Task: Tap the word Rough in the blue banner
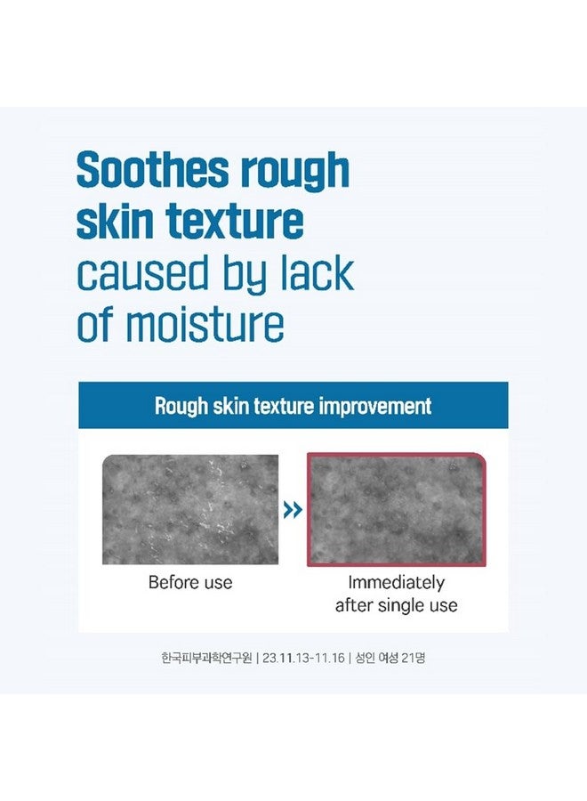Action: point(181,407)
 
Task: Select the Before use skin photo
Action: point(190,509)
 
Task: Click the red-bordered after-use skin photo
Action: point(396,509)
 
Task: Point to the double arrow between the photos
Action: point(293,510)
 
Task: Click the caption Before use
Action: point(190,583)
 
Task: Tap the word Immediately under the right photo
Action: point(396,583)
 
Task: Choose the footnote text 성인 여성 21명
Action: point(390,659)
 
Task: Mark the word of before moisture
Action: point(93,327)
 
